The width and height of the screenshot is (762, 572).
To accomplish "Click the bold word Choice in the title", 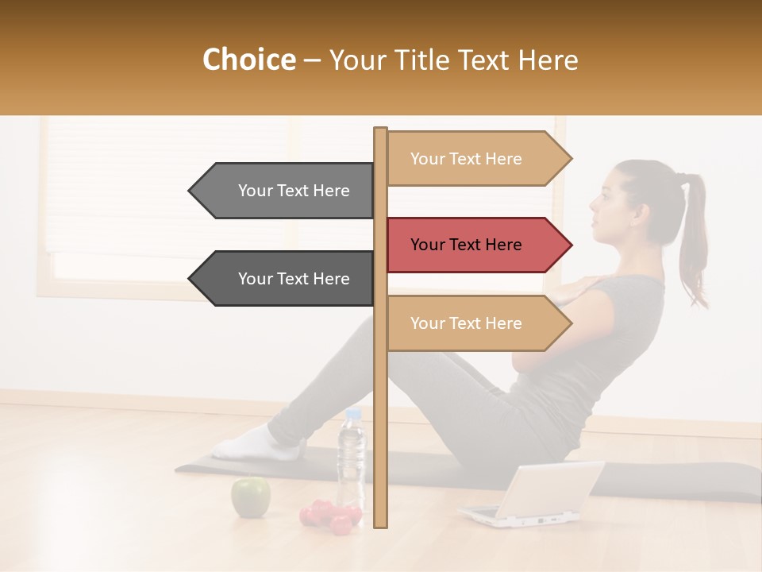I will tap(248, 60).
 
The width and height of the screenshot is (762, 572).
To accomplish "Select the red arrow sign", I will tap(476, 245).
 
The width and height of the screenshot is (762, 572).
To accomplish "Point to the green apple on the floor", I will tap(250, 497).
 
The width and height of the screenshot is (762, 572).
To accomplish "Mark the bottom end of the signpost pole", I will tap(380, 524).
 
